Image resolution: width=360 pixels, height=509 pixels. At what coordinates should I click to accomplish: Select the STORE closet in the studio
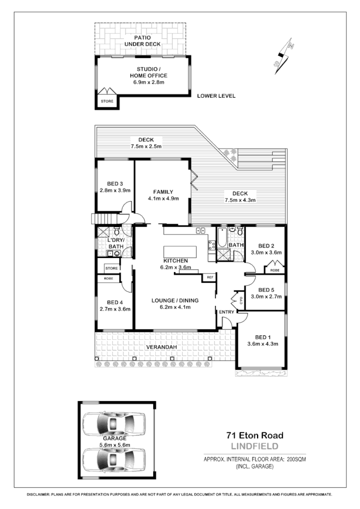pos(107,101)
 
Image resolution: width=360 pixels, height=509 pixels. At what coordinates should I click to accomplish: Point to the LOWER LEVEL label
pos(216,96)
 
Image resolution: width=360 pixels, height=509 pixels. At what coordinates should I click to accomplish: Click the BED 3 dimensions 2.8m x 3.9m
pos(115,190)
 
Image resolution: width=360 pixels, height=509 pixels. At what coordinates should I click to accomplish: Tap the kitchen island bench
pos(181,252)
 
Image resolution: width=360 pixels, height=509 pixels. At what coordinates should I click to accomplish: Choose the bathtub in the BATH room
pos(222,239)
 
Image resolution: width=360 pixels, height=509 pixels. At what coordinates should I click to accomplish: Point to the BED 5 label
pos(265,289)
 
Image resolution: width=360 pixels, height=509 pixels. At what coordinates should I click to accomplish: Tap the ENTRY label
pos(226,312)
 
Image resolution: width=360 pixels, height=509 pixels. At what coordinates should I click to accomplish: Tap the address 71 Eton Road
pos(255,435)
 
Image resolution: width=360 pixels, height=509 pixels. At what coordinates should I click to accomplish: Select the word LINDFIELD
pos(255,446)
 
